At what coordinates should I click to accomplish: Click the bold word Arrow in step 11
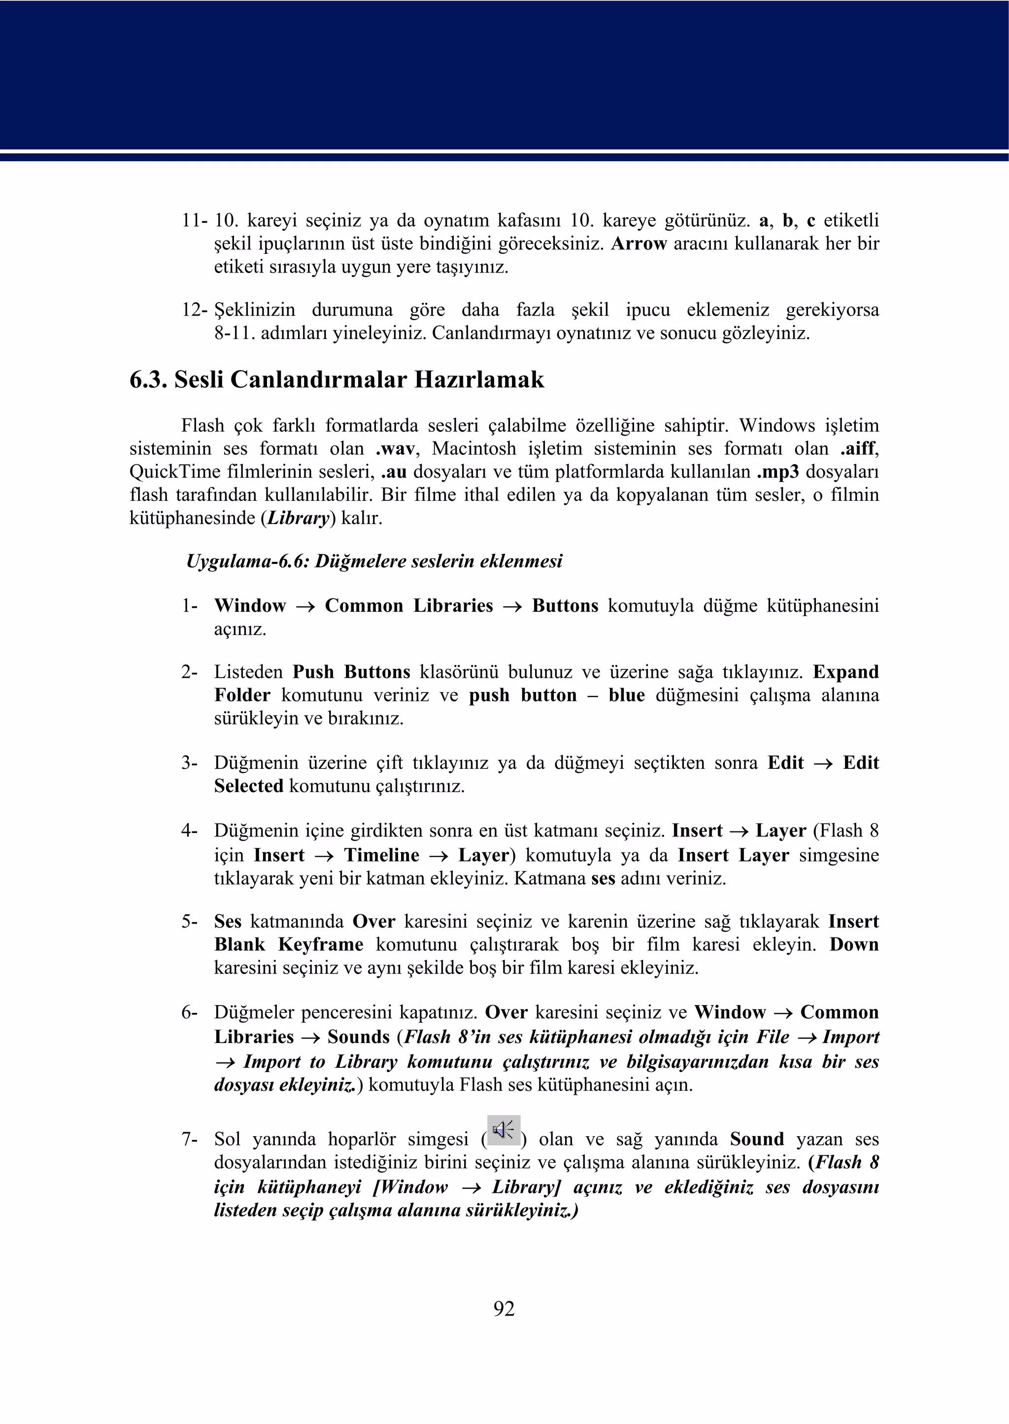[x=639, y=243]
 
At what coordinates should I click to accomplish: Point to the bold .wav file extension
[x=395, y=449]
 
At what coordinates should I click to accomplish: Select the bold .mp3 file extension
[x=778, y=472]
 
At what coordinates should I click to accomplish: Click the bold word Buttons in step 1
[x=565, y=606]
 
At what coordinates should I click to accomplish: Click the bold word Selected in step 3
[x=248, y=786]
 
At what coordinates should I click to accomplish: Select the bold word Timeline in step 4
[x=381, y=855]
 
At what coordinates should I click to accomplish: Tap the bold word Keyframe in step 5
[x=321, y=945]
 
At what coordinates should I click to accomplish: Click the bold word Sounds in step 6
[x=359, y=1037]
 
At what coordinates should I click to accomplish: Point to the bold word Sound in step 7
[x=757, y=1139]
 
